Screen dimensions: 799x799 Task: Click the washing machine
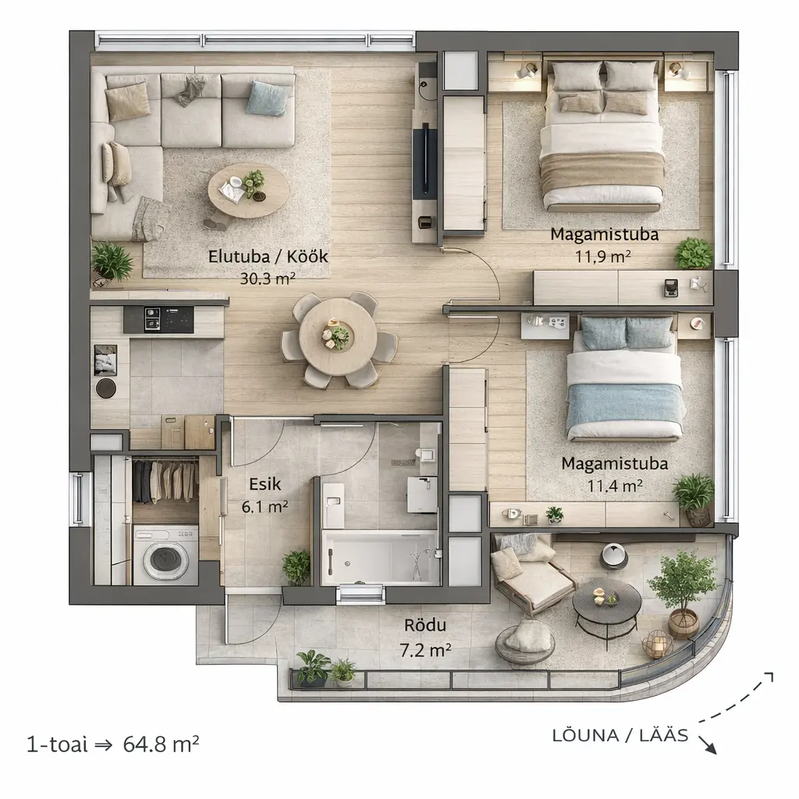(165, 556)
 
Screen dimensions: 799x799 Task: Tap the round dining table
(338, 337)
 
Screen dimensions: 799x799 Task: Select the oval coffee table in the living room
(249, 191)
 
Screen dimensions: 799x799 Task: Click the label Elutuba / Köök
(268, 256)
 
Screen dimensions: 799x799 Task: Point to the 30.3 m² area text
(268, 279)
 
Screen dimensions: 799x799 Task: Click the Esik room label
(265, 484)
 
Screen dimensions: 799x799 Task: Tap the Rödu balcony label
(425, 625)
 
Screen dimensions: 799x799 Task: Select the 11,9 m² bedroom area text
(603, 256)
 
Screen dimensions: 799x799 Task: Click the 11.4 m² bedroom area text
(615, 485)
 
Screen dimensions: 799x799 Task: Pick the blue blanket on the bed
(626, 409)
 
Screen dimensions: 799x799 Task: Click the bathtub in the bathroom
(381, 557)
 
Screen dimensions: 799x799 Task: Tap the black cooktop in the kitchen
(159, 319)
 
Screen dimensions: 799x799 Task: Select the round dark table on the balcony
(607, 602)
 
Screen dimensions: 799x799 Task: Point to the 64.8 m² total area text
(161, 744)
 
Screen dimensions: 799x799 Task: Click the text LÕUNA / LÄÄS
(620, 735)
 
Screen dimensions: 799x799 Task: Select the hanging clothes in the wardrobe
(165, 481)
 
